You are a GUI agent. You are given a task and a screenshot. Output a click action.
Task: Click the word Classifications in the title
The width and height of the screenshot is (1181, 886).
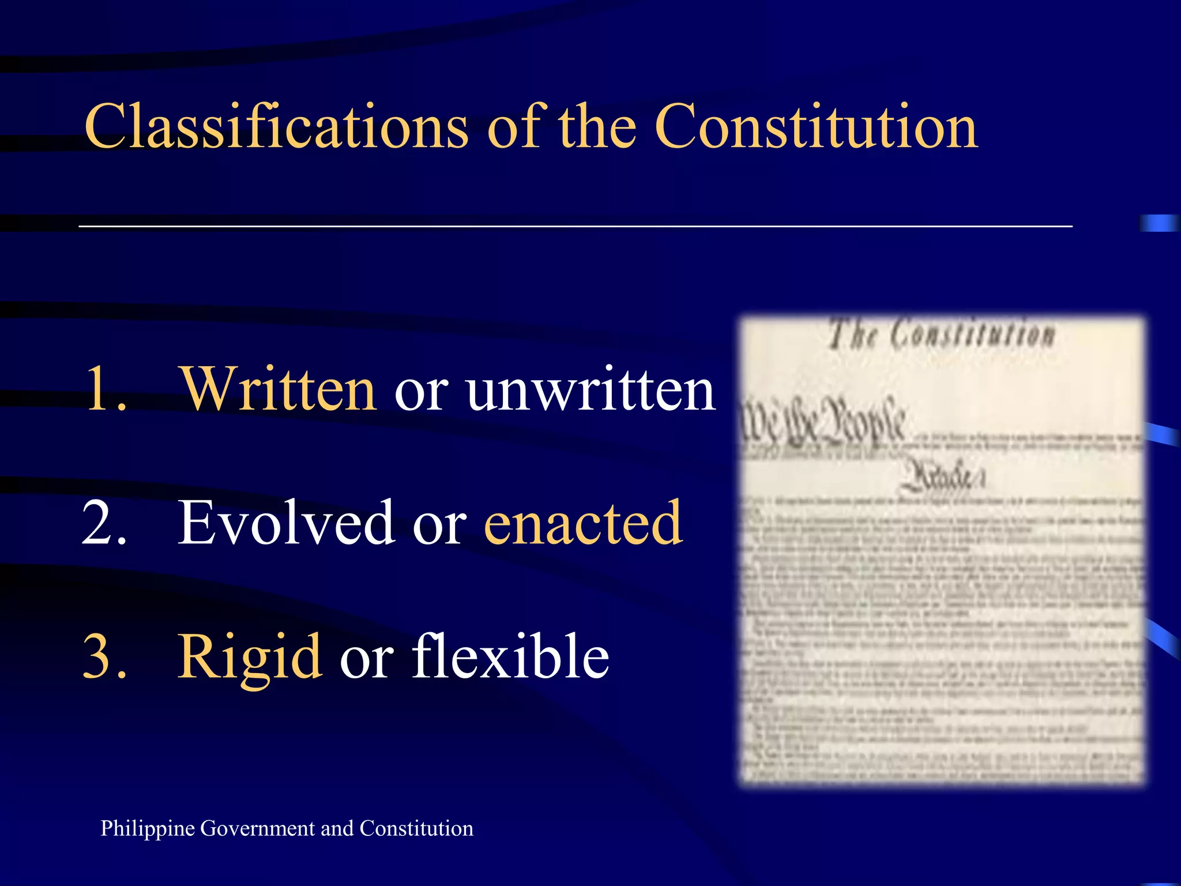click(276, 126)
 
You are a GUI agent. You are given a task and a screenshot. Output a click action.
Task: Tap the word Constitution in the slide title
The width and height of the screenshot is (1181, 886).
click(816, 126)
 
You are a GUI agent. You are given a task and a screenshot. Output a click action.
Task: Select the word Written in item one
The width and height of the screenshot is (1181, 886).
click(279, 390)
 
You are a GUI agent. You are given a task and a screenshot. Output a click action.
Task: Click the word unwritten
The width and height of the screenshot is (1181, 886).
click(592, 390)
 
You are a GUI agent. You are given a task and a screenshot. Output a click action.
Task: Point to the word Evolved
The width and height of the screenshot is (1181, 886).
click(286, 523)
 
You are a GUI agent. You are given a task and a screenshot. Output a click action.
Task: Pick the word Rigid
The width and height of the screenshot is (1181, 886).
click(249, 658)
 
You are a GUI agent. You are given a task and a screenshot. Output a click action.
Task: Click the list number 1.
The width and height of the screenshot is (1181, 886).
click(105, 390)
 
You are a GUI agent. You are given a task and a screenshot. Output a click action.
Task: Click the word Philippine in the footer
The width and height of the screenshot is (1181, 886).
click(148, 829)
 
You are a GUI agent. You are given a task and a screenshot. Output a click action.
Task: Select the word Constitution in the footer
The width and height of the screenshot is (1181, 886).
click(416, 828)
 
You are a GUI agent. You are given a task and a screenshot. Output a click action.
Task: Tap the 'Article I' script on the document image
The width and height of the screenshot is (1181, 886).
click(942, 478)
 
